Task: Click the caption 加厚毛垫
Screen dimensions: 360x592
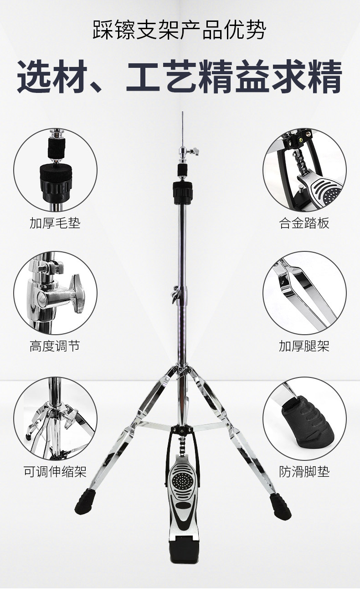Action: pos(55,223)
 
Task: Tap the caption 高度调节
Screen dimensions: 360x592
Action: pos(55,346)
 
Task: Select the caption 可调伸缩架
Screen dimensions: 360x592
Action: pos(55,471)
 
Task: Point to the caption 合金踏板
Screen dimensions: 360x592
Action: pos(304,223)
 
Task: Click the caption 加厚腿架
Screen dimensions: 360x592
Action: pos(304,346)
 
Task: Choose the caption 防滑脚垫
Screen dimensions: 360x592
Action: pos(304,471)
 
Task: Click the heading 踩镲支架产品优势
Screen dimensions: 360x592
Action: pos(180,31)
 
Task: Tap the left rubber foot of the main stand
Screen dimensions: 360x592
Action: pos(84,502)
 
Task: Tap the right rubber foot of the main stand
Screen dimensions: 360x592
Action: pos(280,505)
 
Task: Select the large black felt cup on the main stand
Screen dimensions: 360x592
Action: pos(183,192)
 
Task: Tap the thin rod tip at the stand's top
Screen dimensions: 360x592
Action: pos(182,112)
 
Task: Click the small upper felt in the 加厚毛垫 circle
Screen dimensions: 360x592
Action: pos(56,148)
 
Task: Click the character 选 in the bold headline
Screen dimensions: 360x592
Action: pos(34,76)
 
